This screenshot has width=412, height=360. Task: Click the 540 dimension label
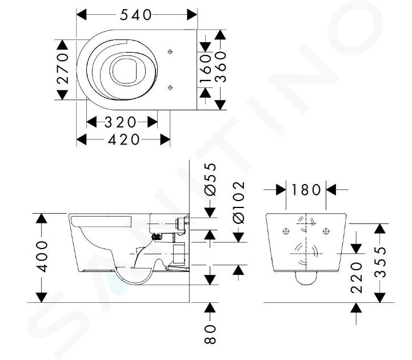(135, 15)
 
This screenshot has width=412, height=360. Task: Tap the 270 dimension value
(63, 69)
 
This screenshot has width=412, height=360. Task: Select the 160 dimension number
(206, 68)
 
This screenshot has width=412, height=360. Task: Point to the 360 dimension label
(221, 67)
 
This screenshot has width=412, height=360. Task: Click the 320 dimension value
(121, 122)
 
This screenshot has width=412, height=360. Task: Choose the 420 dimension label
(124, 139)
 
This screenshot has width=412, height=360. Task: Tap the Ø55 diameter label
(210, 179)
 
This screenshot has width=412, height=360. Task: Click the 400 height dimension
(42, 257)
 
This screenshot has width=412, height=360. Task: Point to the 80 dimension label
(210, 334)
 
